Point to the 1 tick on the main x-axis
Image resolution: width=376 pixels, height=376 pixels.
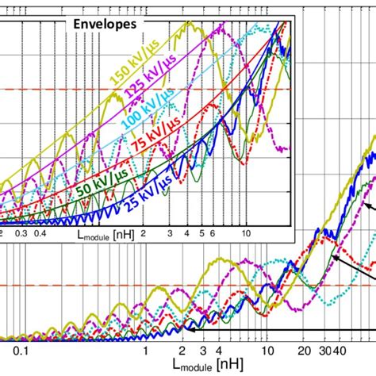coord(145,350)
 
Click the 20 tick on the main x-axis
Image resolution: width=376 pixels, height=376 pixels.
coord(305,350)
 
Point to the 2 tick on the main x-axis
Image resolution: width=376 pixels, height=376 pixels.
coord(182,350)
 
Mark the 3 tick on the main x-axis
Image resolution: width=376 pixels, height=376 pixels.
coord(204,350)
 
